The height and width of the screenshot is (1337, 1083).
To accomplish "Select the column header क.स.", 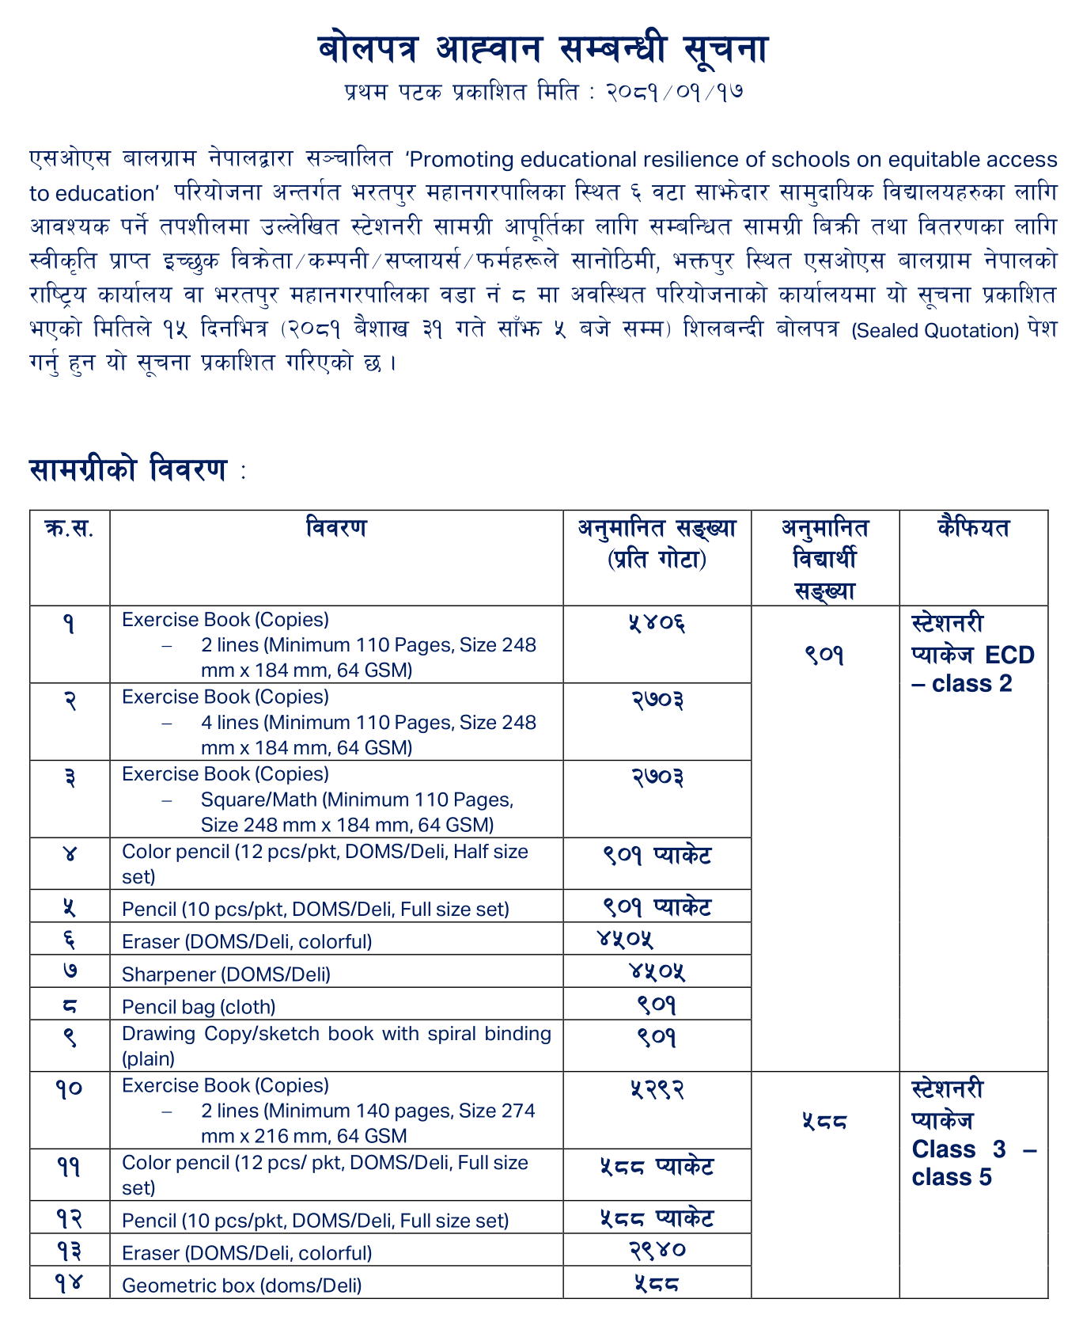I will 70,528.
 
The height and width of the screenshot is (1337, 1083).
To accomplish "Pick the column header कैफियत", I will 973,528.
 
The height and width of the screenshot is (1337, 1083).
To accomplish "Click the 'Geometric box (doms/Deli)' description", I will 241,1286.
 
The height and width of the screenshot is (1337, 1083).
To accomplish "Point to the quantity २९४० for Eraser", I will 657,1250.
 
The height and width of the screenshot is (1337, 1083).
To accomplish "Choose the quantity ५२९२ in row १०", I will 657,1089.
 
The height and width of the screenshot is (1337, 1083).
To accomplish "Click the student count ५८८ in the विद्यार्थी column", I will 824,1121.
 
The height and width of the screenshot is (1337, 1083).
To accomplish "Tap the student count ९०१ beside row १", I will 824,655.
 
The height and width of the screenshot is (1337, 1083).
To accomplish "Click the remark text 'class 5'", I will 952,1178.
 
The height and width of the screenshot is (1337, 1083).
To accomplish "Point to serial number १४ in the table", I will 70,1283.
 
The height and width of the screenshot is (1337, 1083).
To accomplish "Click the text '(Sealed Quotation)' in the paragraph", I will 934,331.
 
